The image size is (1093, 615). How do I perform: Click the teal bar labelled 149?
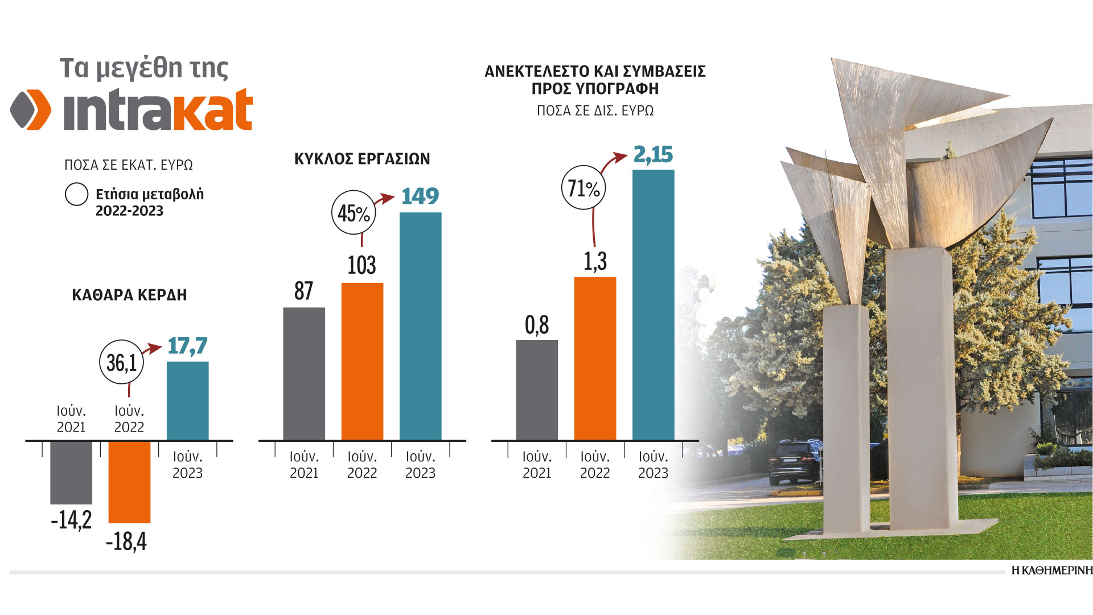click(x=420, y=326)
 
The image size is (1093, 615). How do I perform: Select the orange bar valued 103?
click(x=362, y=361)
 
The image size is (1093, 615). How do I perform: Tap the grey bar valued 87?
click(x=304, y=374)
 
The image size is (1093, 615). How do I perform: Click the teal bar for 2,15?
click(x=653, y=305)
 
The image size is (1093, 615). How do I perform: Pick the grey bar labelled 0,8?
click(x=537, y=390)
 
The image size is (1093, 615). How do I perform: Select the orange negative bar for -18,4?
click(x=129, y=482)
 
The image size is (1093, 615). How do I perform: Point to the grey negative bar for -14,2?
click(x=71, y=473)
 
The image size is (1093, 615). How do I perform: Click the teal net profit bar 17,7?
click(x=187, y=401)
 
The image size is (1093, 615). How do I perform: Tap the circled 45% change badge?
click(x=354, y=213)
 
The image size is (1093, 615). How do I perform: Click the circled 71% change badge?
click(x=584, y=188)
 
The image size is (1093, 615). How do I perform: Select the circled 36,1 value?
click(x=121, y=362)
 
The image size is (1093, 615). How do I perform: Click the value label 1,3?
click(x=595, y=261)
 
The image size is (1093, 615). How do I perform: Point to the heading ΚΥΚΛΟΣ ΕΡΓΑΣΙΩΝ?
click(x=362, y=159)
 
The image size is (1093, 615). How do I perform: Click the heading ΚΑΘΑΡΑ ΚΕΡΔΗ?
click(x=129, y=295)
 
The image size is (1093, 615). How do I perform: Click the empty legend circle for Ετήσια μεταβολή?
click(x=76, y=194)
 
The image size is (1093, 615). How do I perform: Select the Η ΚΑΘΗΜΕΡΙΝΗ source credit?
click(x=1052, y=571)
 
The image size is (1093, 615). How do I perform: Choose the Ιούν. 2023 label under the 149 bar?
click(x=420, y=465)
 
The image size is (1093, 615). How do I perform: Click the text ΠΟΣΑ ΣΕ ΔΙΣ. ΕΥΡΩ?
click(x=595, y=110)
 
